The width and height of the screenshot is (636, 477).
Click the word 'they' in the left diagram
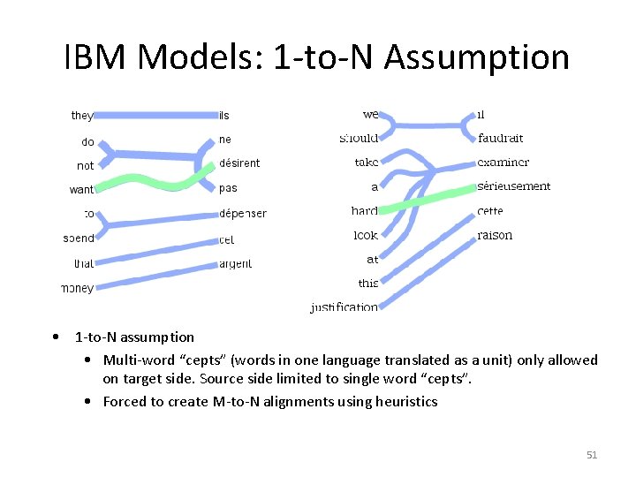(81, 116)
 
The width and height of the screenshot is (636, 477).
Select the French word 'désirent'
(239, 163)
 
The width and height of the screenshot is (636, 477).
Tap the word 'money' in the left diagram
(77, 288)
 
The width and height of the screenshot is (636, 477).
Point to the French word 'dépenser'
(242, 213)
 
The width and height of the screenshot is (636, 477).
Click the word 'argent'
(235, 263)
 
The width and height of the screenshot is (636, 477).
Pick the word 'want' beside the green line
(81, 189)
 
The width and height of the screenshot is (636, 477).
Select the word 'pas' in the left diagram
(228, 187)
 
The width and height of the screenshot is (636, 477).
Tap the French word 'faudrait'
(500, 138)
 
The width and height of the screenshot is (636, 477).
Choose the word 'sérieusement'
(513, 186)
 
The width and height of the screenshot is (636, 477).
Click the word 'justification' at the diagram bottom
(344, 307)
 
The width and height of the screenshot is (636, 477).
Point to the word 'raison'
(495, 235)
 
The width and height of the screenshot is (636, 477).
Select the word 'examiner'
(503, 163)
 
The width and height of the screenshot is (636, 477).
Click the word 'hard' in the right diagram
(364, 211)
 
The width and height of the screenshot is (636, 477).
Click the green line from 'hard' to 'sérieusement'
(424, 200)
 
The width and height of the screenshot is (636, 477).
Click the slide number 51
(592, 455)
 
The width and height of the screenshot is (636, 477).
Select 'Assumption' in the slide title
(477, 58)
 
